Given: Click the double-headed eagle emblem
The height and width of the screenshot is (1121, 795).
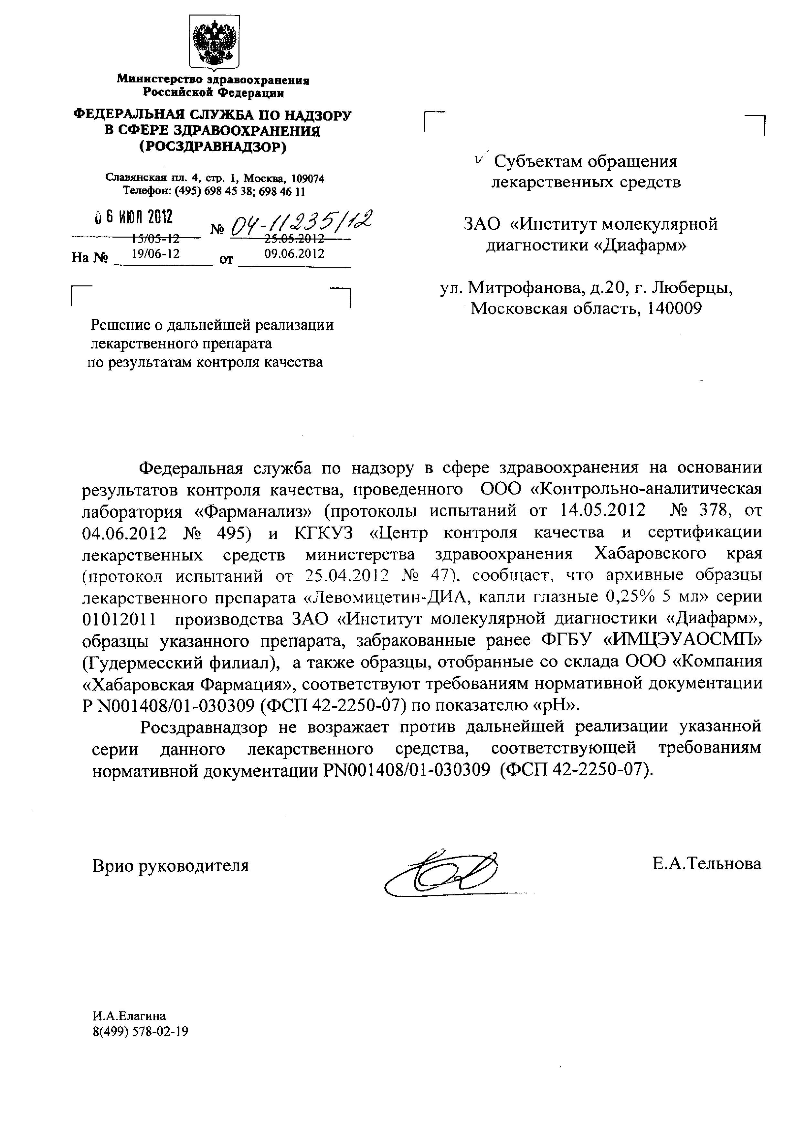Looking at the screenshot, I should [214, 43].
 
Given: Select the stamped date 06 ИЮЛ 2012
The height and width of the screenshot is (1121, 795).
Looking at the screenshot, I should [133, 217].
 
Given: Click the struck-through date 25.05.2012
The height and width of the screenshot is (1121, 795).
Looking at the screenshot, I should [294, 239].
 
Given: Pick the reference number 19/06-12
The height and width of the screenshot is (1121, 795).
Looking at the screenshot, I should [156, 253].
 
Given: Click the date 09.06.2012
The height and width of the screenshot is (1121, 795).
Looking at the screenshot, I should [294, 253].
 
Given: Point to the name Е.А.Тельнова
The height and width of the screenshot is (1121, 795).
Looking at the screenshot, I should [706, 864].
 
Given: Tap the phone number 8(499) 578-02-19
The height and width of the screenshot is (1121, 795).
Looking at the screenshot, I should [141, 1032].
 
